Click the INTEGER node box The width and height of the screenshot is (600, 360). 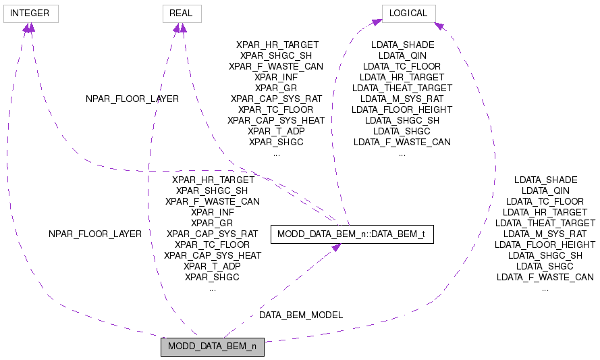click(30, 13)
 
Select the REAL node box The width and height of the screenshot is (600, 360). click(182, 13)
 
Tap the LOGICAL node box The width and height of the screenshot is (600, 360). click(408, 13)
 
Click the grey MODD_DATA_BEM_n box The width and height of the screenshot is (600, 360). click(212, 347)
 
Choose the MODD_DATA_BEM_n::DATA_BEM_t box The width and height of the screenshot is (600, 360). click(351, 234)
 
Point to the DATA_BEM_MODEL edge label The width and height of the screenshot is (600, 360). click(301, 315)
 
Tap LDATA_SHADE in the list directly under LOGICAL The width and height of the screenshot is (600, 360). click(402, 45)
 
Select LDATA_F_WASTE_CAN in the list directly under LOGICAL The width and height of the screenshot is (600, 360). click(402, 142)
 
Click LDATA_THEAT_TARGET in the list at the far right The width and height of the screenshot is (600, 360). click(545, 223)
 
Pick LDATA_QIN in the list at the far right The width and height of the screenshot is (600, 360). click(545, 190)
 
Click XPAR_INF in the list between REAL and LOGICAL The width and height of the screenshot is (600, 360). click(277, 77)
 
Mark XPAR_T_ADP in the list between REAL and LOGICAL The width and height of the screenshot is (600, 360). click(277, 131)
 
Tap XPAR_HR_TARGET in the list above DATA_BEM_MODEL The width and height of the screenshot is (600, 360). click(213, 180)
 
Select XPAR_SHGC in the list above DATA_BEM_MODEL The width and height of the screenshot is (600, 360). click(213, 277)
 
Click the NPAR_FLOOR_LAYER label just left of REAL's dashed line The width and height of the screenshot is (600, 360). click(132, 99)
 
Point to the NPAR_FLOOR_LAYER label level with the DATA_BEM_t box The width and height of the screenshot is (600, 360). click(95, 234)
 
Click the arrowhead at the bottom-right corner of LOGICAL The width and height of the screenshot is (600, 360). click(438, 25)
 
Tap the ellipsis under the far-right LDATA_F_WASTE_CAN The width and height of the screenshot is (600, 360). click(545, 288)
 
